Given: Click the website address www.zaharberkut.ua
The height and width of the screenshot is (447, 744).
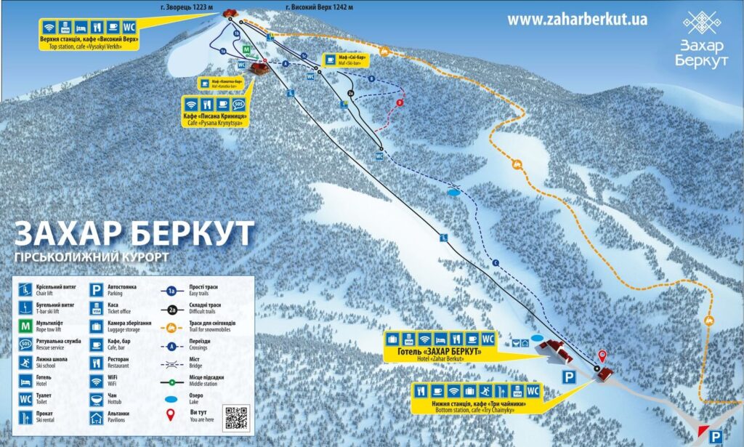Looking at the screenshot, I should point(577,20).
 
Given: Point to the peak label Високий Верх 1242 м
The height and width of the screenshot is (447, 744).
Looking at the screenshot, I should point(319,7).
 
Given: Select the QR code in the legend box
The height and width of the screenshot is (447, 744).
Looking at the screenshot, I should point(238,417).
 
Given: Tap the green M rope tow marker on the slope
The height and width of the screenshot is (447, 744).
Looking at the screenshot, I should point(247,51).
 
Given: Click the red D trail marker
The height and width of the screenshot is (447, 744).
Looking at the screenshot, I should point(399,103).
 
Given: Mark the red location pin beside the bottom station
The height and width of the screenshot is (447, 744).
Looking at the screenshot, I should point(602,355).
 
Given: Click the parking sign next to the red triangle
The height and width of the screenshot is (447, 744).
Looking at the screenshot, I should point(716,436).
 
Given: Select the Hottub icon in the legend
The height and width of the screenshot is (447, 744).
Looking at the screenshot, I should point(95,399).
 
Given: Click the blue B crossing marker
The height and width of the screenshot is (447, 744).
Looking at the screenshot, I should point(371,78).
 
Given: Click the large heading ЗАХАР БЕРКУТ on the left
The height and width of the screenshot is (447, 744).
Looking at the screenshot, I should point(135,233).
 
